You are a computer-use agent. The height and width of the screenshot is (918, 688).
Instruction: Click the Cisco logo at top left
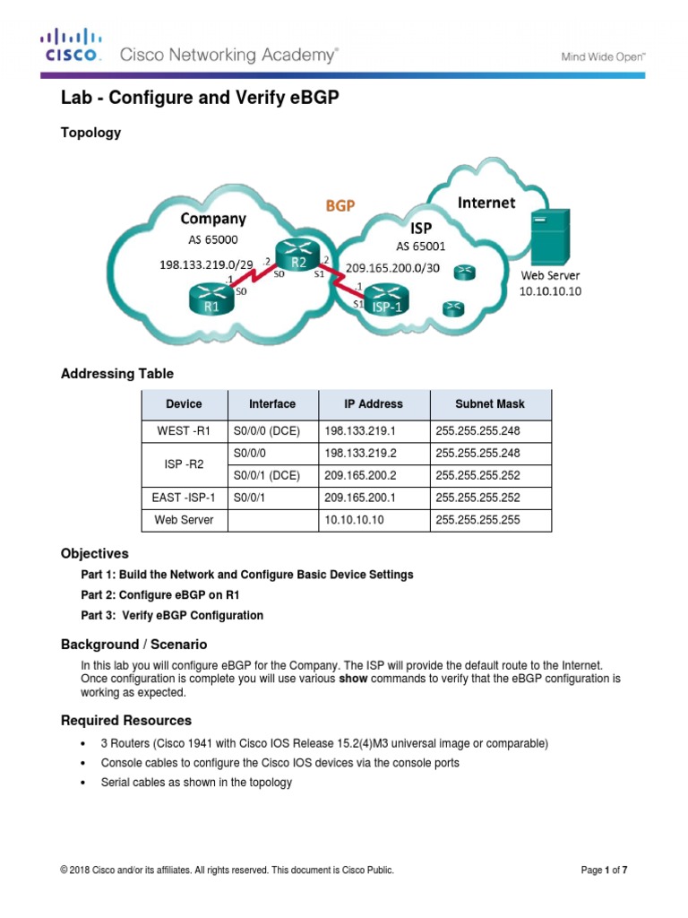[x=73, y=47]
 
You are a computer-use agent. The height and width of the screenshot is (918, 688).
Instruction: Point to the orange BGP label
[x=340, y=205]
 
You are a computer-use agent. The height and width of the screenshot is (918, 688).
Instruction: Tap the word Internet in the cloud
[x=486, y=203]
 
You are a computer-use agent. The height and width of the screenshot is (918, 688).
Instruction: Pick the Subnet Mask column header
[x=491, y=404]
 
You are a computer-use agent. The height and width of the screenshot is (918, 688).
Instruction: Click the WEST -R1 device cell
[x=185, y=431]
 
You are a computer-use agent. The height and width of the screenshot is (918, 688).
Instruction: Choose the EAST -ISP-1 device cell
[x=185, y=498]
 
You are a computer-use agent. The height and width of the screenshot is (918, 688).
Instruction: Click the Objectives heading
[x=94, y=553]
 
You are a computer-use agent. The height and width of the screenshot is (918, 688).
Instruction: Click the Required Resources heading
[x=125, y=720]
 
